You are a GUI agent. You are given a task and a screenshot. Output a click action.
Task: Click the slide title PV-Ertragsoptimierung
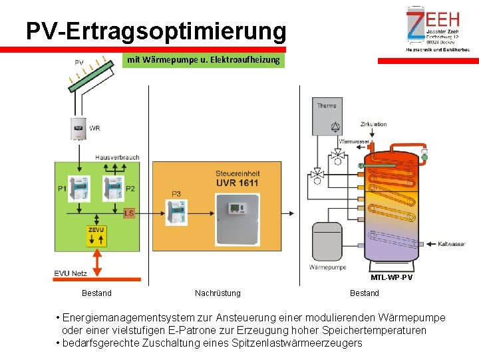point(156,31)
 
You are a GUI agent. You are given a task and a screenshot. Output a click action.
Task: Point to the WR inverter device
point(79,128)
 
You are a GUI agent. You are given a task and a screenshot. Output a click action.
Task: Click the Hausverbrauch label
point(117,157)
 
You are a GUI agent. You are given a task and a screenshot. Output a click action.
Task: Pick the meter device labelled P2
point(114,189)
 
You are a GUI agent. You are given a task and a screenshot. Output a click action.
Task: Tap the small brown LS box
point(130,213)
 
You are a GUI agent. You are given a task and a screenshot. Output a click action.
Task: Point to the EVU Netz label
point(71,273)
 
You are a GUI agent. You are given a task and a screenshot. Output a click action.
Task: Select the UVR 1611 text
point(238,183)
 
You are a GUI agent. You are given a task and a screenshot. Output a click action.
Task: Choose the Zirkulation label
point(373,125)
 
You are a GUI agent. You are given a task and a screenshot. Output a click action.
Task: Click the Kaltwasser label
point(452,244)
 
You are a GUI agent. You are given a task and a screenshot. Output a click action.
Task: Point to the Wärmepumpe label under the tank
point(327,267)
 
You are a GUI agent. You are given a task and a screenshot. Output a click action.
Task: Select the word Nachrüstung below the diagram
point(218,293)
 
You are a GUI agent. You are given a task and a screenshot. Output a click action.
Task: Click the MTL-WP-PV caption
point(391,277)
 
